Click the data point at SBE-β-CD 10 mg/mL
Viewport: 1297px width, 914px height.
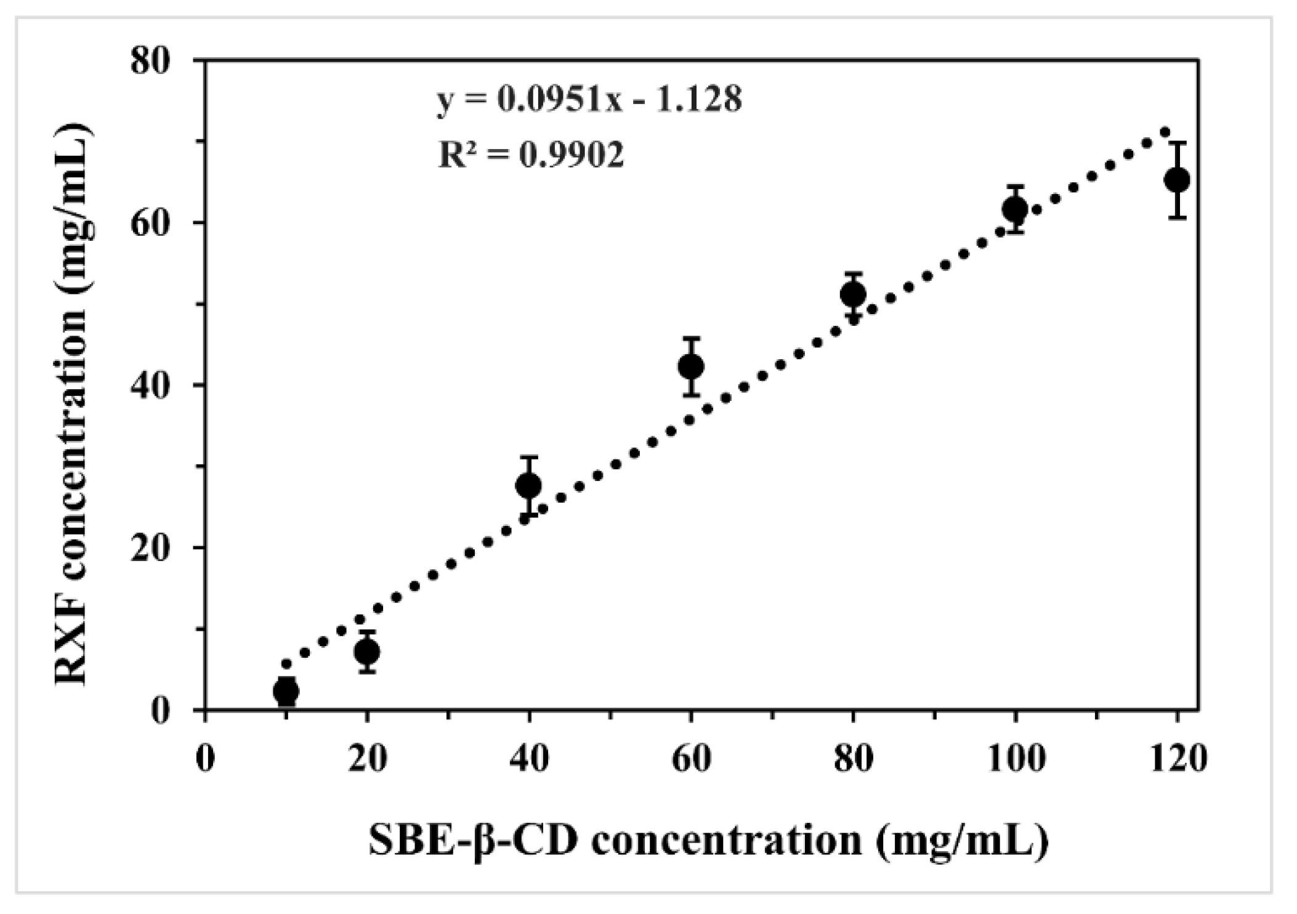point(286,691)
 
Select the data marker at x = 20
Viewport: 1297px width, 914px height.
point(367,651)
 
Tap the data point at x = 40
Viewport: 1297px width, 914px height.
point(529,485)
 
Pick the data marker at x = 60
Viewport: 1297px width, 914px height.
point(691,366)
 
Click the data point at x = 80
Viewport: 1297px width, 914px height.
point(853,294)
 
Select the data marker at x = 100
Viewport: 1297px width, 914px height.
point(1015,209)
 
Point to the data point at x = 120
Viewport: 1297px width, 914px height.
point(1177,180)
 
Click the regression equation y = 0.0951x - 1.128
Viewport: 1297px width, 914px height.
point(589,99)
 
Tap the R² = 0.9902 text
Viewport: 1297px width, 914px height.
point(531,155)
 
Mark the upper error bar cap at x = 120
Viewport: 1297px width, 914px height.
point(1177,142)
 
